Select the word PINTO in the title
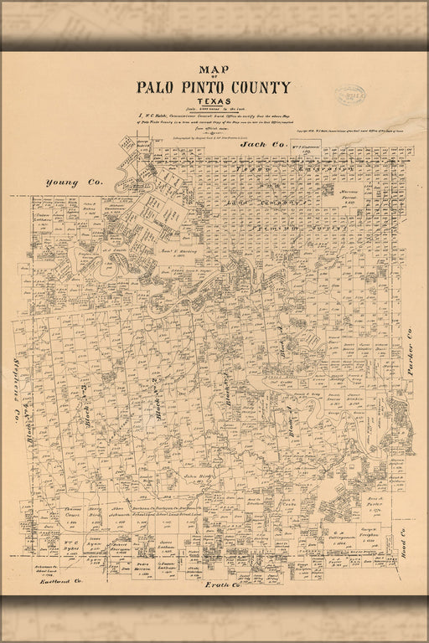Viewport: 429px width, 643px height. click(x=209, y=87)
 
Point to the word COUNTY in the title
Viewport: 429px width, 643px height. click(x=264, y=87)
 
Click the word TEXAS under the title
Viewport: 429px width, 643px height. click(x=214, y=102)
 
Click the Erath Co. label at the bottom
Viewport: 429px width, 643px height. click(x=225, y=584)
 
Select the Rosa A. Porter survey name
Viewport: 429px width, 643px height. click(x=371, y=501)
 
